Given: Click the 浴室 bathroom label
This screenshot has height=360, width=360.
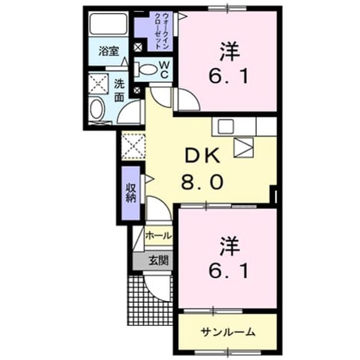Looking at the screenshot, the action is point(109,51).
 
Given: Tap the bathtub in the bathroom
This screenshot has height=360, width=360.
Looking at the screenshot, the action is point(108,24).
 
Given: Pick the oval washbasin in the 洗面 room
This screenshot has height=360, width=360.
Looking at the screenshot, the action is point(96,109).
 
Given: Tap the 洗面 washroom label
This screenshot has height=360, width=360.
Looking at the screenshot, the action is point(119,90).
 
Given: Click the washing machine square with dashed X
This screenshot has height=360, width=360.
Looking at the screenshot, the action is point(98,83).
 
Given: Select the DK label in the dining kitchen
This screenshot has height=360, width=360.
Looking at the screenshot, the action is point(202,156).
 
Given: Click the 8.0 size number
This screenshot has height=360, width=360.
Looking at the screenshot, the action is point(202,182).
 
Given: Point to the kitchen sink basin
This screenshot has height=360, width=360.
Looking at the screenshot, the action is point(226,126).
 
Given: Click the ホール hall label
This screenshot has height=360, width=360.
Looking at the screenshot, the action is point(158,235).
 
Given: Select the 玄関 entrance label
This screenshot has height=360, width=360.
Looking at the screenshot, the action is point(159,261).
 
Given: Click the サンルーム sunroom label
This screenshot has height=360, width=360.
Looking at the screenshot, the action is point(228,332).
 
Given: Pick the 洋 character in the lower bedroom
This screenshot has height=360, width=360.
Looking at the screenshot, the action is point(230,246).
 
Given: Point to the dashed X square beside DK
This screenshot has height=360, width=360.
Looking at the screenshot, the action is point(133,146).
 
